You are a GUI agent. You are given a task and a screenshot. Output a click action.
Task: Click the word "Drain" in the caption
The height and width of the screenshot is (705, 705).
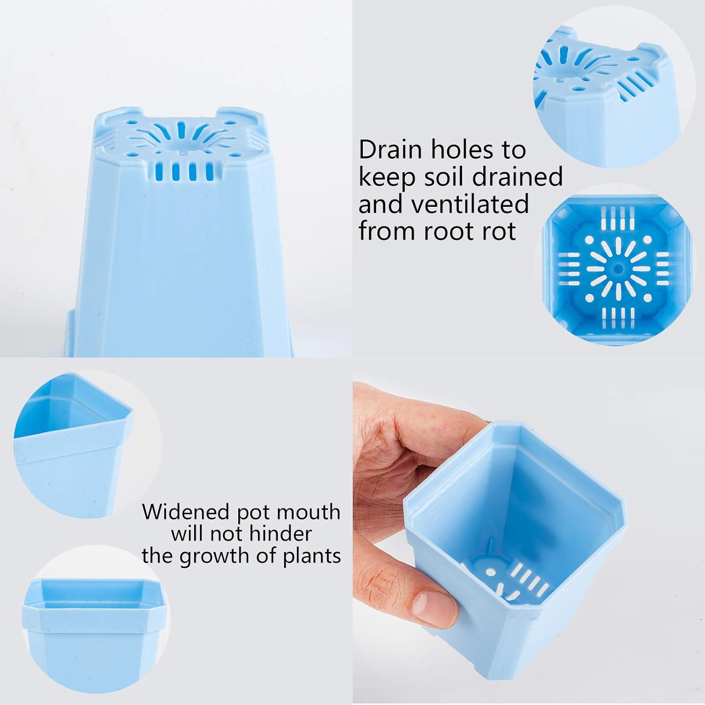point(390,150)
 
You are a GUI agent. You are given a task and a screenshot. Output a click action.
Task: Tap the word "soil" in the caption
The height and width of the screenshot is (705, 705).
point(440,177)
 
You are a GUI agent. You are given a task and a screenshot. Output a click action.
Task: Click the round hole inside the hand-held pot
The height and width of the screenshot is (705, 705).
point(491,572)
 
